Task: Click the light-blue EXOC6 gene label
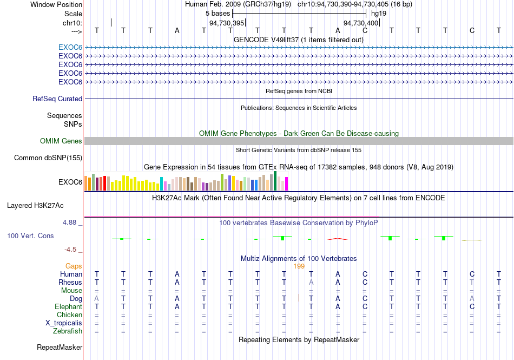click(70, 48)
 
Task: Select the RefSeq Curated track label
click(57, 99)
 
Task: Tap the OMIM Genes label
click(61, 141)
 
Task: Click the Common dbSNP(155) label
click(48, 158)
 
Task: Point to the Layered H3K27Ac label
click(35, 206)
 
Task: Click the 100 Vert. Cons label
click(30, 235)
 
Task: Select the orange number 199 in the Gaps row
click(299, 266)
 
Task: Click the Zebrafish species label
click(68, 331)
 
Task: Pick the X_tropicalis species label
click(64, 323)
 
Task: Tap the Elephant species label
click(68, 306)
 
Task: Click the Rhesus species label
click(70, 282)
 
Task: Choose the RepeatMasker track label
click(60, 347)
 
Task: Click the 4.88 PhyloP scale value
click(69, 222)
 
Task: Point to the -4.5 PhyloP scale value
click(70, 250)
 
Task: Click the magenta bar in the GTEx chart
click(287, 184)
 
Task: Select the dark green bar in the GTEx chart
click(275, 181)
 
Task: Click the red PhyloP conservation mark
click(338, 239)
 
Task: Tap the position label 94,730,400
click(361, 23)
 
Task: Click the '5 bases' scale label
click(218, 14)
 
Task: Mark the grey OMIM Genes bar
click(299, 141)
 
